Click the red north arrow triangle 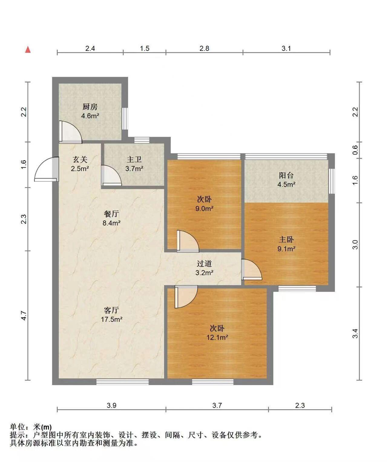(x=28, y=50)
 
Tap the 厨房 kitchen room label (x=90, y=107)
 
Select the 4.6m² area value (x=90, y=116)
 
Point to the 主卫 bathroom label (x=134, y=160)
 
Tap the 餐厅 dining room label (x=111, y=214)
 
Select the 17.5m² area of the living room (x=112, y=320)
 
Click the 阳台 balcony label (x=286, y=175)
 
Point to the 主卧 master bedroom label (x=286, y=240)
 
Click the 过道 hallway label (x=204, y=264)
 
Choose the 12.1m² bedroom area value (x=217, y=338)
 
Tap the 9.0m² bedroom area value (x=204, y=208)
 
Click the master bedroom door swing (x=252, y=270)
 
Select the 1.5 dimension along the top (x=145, y=48)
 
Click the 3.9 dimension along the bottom (x=111, y=406)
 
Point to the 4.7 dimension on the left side (x=24, y=315)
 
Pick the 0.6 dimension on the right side (x=355, y=150)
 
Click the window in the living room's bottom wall (x=123, y=382)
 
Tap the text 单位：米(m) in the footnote (x=31, y=427)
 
